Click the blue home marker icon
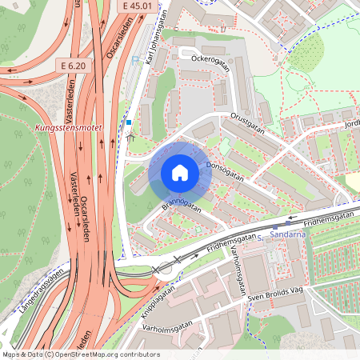(179, 172)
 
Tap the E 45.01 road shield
(138, 6)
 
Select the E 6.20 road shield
(71, 64)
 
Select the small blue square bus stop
(128, 122)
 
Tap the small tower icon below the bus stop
(130, 137)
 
